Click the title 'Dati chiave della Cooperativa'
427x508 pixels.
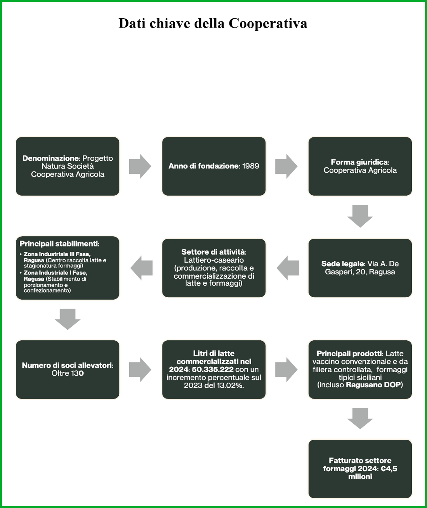point(213,23)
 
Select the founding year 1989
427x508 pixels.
point(251,166)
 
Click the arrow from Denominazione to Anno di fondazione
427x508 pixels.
point(140,166)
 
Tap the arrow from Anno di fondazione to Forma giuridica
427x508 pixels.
point(286,166)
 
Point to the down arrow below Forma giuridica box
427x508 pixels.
point(360,216)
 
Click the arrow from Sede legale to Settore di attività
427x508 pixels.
point(288,268)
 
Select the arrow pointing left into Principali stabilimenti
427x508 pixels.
point(141,268)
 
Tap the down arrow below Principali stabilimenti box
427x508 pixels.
point(68,319)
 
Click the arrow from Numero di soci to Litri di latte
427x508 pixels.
point(140,369)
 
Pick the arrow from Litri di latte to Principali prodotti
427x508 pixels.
point(286,369)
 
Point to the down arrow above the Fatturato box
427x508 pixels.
point(360,418)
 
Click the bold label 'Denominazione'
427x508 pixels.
point(50,158)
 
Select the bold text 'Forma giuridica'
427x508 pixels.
point(359,162)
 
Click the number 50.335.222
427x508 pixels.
point(213,369)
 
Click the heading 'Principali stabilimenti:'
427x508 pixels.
point(59,244)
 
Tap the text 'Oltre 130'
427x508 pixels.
point(68,373)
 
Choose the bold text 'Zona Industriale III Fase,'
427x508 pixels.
point(57,254)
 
